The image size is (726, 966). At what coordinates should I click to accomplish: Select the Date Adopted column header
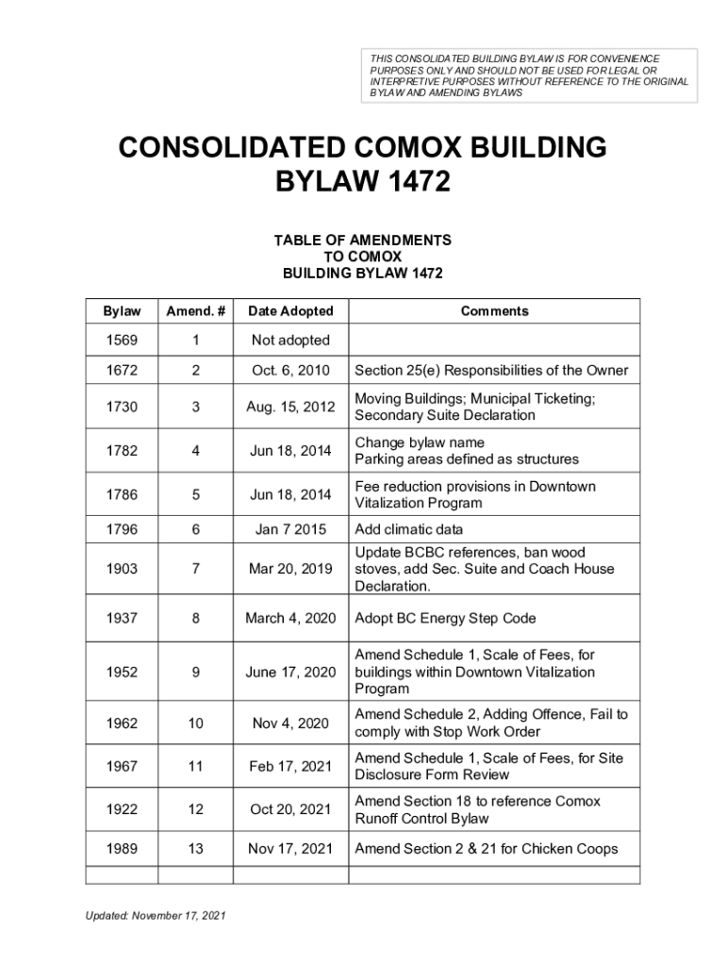pos(290,311)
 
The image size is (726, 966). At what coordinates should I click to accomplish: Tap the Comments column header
pos(494,311)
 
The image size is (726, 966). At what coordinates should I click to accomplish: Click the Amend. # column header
pos(195,311)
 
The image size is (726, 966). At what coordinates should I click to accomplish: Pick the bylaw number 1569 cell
pos(122,340)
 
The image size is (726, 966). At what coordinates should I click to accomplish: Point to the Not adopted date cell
pos(290,340)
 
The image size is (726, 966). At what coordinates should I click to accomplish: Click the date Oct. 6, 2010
pos(290,371)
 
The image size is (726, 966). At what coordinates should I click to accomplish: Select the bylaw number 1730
pos(122,407)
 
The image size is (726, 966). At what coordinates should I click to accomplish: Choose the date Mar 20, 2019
pos(290,569)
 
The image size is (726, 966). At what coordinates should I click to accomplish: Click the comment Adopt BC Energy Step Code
pos(445,618)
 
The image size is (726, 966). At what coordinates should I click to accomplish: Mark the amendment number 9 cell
pos(195,672)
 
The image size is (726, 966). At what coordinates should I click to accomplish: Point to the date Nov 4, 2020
pos(290,723)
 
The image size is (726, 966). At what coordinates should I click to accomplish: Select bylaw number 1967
pos(122,766)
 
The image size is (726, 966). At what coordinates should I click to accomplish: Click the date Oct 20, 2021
pos(290,809)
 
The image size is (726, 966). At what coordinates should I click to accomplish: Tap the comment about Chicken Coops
pos(486,848)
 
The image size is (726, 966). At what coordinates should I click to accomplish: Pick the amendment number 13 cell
pos(195,848)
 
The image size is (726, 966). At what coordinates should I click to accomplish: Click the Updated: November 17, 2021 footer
pos(156,916)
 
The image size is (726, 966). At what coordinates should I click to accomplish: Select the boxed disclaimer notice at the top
pos(529,75)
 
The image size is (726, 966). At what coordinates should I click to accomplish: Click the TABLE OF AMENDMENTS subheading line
pos(362,241)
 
